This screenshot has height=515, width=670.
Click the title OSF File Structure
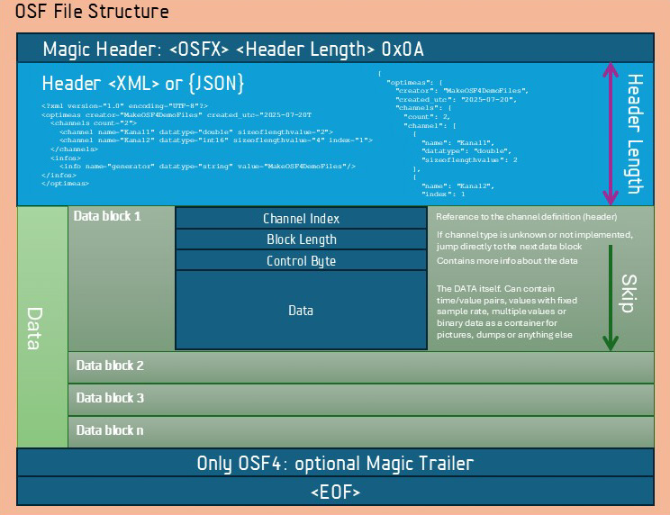[92, 12]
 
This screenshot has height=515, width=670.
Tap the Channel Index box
[301, 219]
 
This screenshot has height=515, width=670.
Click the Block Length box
[301, 239]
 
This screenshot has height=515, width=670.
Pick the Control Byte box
[301, 261]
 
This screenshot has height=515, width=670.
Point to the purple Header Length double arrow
[610, 132]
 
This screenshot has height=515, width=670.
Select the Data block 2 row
[360, 366]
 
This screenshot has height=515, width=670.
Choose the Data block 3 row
[360, 398]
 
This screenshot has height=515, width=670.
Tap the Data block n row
[360, 430]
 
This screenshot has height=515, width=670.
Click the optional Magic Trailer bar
[335, 464]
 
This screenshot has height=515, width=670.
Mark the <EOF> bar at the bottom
[335, 492]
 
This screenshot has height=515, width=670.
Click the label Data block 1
[108, 216]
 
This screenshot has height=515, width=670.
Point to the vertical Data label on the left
[34, 328]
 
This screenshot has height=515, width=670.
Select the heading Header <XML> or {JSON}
[143, 84]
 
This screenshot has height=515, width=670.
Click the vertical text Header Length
[634, 133]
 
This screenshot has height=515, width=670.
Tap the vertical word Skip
[629, 293]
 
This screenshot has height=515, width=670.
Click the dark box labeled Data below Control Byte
[301, 311]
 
